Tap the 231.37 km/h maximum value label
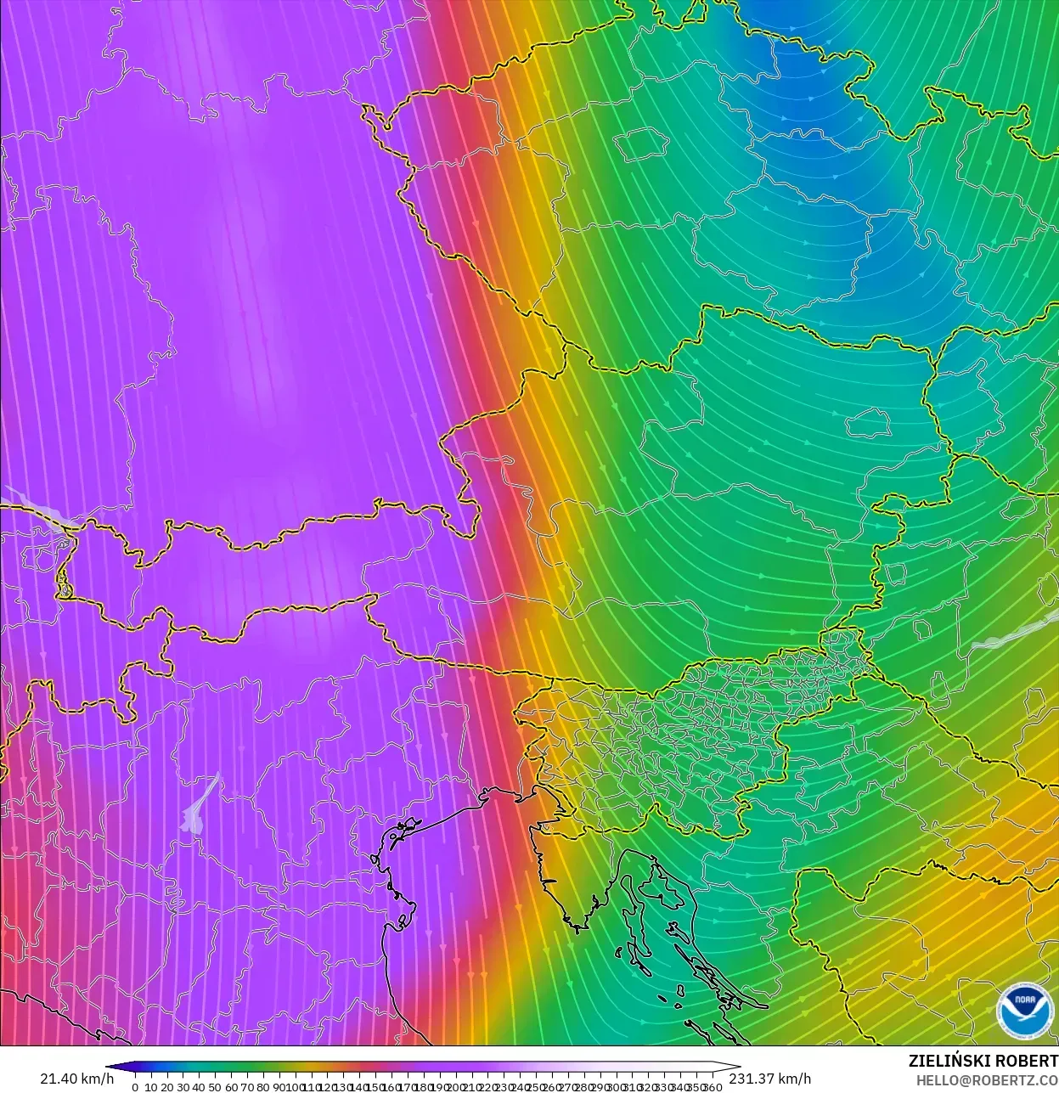coord(770,1079)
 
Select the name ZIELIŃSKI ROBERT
coord(983,1061)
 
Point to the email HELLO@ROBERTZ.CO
coord(987,1080)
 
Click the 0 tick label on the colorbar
coord(135,1087)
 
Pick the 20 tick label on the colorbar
coord(167,1087)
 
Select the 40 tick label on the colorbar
coord(199,1087)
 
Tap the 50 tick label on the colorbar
coord(215,1087)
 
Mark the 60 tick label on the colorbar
coord(231,1087)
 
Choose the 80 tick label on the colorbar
coord(263,1087)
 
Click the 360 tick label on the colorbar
coord(713,1087)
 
